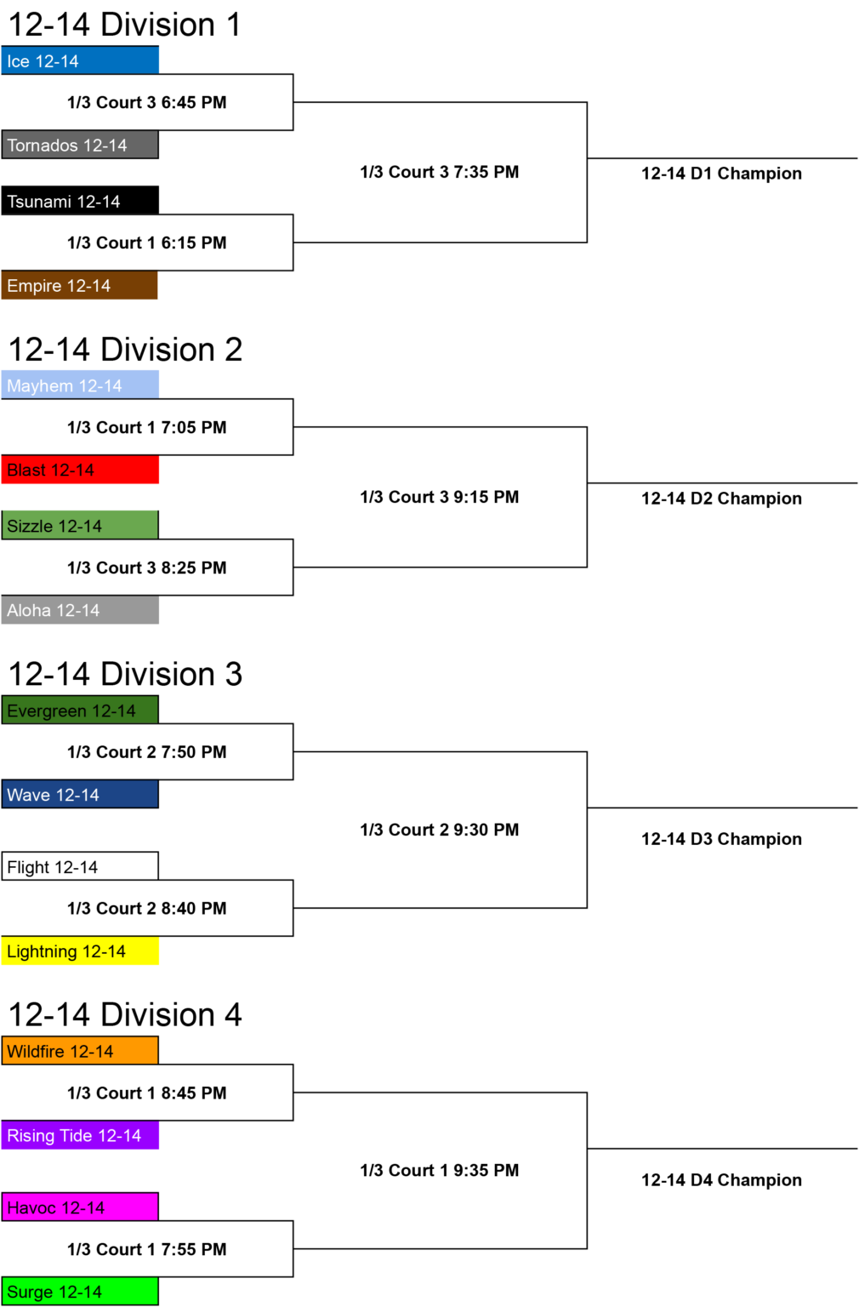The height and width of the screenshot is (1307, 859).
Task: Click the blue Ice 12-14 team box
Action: [x=80, y=60]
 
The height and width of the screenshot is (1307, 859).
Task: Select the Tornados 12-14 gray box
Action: [x=80, y=145]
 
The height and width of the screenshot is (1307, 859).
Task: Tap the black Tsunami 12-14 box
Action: [x=80, y=201]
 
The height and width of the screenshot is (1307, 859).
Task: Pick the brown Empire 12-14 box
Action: [x=79, y=285]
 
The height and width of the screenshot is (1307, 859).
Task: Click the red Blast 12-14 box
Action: [x=80, y=470]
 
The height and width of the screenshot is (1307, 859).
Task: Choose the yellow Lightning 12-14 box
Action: [x=80, y=950]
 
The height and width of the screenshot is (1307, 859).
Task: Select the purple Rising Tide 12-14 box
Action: [x=80, y=1135]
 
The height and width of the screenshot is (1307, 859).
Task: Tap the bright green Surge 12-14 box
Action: [x=80, y=1291]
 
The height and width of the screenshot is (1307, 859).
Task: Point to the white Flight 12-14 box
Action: [x=80, y=866]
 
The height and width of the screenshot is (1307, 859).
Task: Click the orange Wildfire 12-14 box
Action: [x=80, y=1050]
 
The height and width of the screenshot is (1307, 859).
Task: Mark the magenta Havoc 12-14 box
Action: [x=80, y=1206]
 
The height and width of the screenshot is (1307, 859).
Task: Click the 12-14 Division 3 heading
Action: [x=125, y=674]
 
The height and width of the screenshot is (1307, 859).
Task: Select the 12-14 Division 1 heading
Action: [x=125, y=25]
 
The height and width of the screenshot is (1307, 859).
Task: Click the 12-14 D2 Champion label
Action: [x=721, y=499]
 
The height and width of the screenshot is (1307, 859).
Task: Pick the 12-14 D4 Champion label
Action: [x=721, y=1180]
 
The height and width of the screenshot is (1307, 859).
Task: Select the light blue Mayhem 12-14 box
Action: [x=80, y=385]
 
